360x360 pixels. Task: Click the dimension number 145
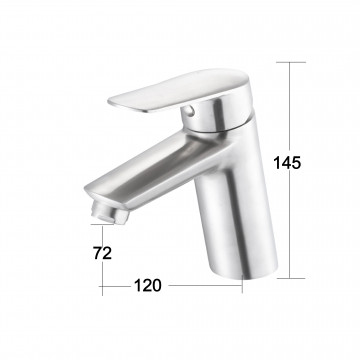coord(287,163)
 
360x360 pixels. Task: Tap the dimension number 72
coord(103,253)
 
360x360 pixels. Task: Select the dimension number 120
coord(148,286)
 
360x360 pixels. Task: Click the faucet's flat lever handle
coord(178,89)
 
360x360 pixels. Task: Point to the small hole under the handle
coord(189,110)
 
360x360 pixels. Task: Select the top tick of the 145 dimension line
coord(291,62)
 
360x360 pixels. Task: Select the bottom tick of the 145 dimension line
coord(291,278)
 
